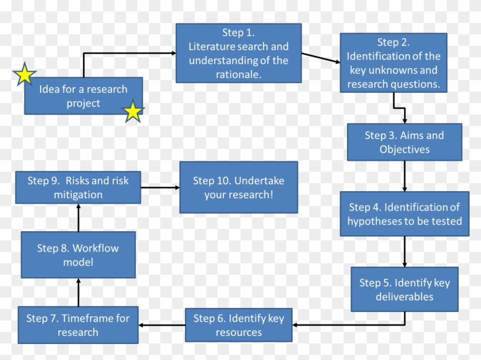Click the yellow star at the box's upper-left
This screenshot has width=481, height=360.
[25, 75]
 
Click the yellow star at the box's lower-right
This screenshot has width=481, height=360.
[133, 112]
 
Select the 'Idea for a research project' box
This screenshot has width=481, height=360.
[83, 96]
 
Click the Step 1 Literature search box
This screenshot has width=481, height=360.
[239, 53]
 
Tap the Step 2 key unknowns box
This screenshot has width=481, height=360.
[393, 63]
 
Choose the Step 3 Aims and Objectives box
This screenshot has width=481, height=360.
[404, 143]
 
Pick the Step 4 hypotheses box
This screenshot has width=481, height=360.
[404, 214]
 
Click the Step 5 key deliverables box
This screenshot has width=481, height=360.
[404, 289]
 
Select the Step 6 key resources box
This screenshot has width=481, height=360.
[239, 325]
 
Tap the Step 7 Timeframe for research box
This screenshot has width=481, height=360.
[78, 325]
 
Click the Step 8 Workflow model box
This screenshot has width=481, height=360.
[78, 255]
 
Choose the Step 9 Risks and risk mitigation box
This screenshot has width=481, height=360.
[78, 188]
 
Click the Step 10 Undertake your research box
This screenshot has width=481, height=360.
[239, 187]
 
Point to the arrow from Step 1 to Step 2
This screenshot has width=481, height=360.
[321, 58]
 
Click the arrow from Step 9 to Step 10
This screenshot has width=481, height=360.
[160, 187]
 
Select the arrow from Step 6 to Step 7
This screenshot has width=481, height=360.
[161, 325]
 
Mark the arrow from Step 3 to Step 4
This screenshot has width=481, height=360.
[404, 176]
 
